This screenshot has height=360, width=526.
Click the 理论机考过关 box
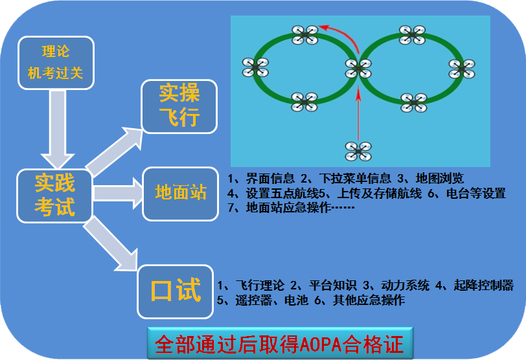(x=56, y=62)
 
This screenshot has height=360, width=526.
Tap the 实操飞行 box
(x=179, y=106)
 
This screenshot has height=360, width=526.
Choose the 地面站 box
(x=180, y=192)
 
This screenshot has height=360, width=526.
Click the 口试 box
(x=176, y=291)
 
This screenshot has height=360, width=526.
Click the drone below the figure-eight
(x=358, y=151)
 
